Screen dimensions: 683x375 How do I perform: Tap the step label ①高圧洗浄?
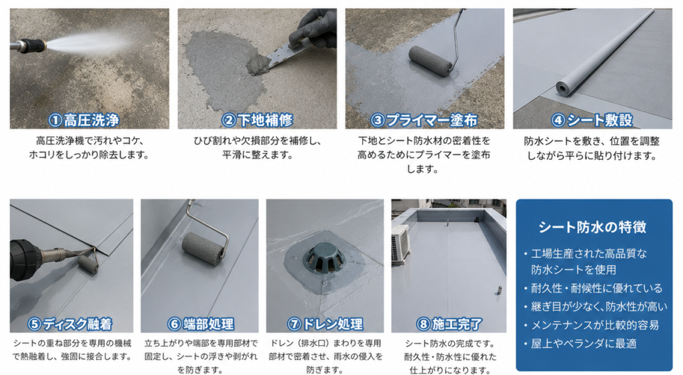pyautogui.click(x=83, y=120)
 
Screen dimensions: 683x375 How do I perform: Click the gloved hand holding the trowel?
pyautogui.click(x=313, y=29)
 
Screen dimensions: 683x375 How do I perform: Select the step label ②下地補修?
pyautogui.click(x=257, y=120)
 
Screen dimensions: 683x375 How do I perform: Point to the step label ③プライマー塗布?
pyautogui.click(x=424, y=120)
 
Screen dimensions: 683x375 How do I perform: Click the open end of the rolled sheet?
pyautogui.click(x=563, y=89)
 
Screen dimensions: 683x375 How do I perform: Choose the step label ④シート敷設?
pyautogui.click(x=592, y=120)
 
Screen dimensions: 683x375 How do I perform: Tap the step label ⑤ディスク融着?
pyautogui.click(x=69, y=324)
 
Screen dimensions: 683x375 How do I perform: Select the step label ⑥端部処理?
pyautogui.click(x=201, y=324)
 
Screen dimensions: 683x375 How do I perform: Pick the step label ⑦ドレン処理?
pyautogui.click(x=325, y=324)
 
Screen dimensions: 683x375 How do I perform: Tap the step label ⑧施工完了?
pyautogui.click(x=449, y=324)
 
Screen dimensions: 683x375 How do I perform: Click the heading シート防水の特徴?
pyautogui.click(x=592, y=226)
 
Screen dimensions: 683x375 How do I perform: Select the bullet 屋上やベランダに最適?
pyautogui.click(x=584, y=344)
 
